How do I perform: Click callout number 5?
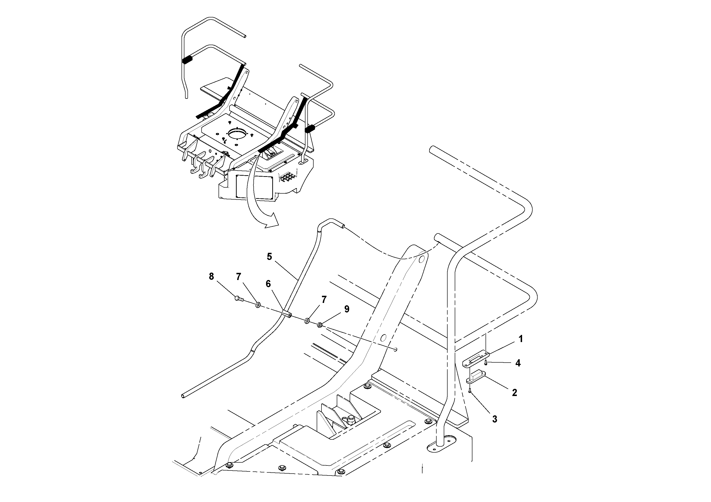point(269,257)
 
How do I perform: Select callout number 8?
point(211,276)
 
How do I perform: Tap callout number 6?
point(268,284)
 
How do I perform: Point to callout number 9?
point(347,309)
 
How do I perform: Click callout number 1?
point(521,339)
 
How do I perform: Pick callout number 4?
point(518,363)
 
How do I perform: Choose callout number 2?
point(514,393)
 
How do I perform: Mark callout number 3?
point(495,419)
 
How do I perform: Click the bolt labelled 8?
point(239,299)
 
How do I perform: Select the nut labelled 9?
point(320,325)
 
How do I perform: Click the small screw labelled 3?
point(470,391)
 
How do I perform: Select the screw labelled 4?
point(486,363)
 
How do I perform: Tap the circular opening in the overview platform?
point(239,135)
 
